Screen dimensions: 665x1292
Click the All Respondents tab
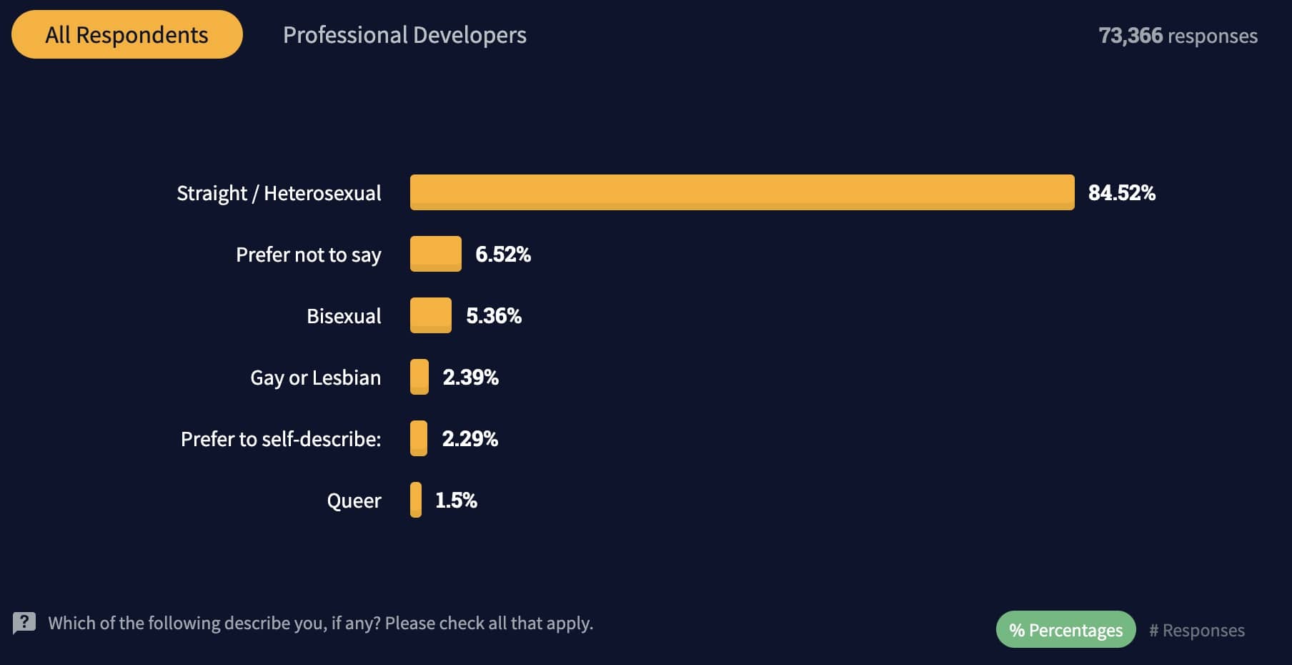tap(126, 34)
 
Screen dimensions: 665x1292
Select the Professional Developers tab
tap(404, 35)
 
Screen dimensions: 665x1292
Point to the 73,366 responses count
tap(1178, 36)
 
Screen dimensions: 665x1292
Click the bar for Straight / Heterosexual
tap(742, 192)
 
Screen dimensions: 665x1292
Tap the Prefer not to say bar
tap(435, 254)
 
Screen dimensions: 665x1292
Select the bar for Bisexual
tap(430, 315)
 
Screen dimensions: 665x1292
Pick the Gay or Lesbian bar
tap(419, 377)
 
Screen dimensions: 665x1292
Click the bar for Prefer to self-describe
tap(419, 438)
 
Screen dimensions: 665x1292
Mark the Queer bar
tap(415, 500)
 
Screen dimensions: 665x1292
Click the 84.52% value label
tap(1121, 192)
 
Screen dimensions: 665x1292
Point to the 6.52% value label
tap(503, 254)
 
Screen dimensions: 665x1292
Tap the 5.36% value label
tap(494, 315)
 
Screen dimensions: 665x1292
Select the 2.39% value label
tap(470, 377)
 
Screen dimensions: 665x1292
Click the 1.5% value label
tap(456, 500)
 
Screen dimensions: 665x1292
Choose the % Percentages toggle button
tap(1065, 630)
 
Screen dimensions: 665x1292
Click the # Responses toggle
tap(1197, 630)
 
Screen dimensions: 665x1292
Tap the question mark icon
tap(24, 623)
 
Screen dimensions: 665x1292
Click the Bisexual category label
tap(344, 316)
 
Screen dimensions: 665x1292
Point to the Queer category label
tap(354, 501)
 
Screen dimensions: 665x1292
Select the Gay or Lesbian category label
tap(315, 378)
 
